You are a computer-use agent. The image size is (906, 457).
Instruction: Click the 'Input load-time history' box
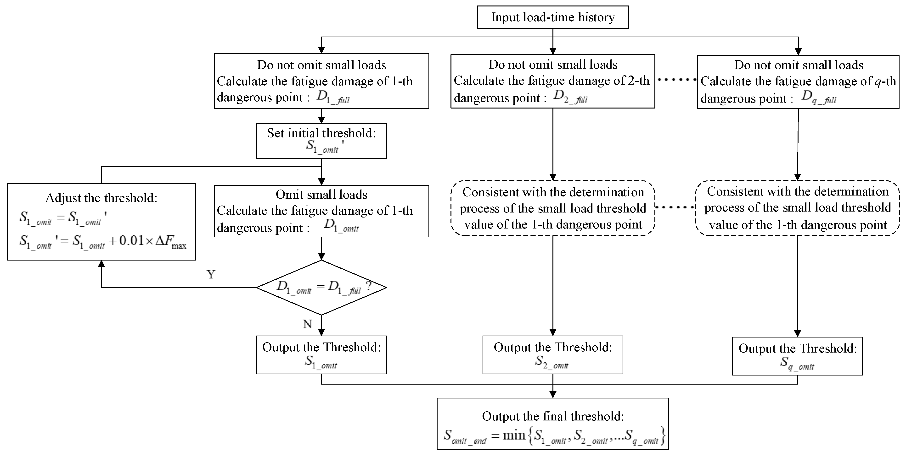click(x=552, y=17)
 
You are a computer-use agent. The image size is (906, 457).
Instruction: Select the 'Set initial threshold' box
click(x=321, y=141)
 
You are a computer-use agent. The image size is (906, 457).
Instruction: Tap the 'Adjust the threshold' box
click(x=101, y=221)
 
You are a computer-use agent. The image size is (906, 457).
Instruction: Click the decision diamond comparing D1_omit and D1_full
click(x=321, y=287)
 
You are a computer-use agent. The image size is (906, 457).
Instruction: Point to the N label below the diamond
click(x=307, y=324)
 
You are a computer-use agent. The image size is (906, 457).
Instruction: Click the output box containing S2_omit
click(x=552, y=355)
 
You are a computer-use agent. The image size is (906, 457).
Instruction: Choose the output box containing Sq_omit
click(x=797, y=356)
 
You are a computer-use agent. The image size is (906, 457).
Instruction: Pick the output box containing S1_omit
click(x=321, y=355)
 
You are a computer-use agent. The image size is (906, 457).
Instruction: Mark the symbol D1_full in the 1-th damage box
click(x=333, y=97)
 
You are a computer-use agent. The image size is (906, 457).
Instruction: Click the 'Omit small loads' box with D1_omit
click(x=321, y=211)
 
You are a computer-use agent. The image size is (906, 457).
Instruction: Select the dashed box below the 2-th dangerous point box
click(x=552, y=208)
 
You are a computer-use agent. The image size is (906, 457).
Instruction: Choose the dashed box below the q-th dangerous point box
click(x=797, y=208)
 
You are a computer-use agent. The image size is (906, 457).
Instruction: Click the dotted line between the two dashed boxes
click(x=675, y=207)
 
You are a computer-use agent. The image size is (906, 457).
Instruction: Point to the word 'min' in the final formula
click(x=514, y=435)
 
